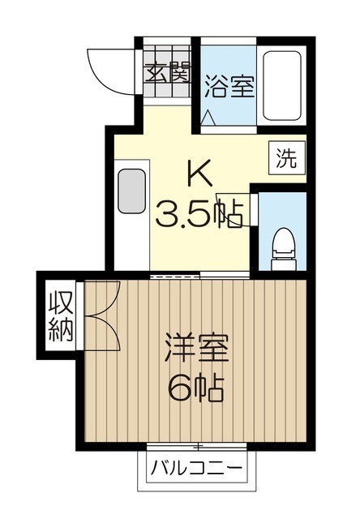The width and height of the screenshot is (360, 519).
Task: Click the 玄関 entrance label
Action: click(x=167, y=72)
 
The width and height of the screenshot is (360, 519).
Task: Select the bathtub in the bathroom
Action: click(x=281, y=88)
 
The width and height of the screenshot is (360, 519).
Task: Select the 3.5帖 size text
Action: click(x=199, y=215)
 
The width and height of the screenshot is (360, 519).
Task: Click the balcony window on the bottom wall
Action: click(x=197, y=447)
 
